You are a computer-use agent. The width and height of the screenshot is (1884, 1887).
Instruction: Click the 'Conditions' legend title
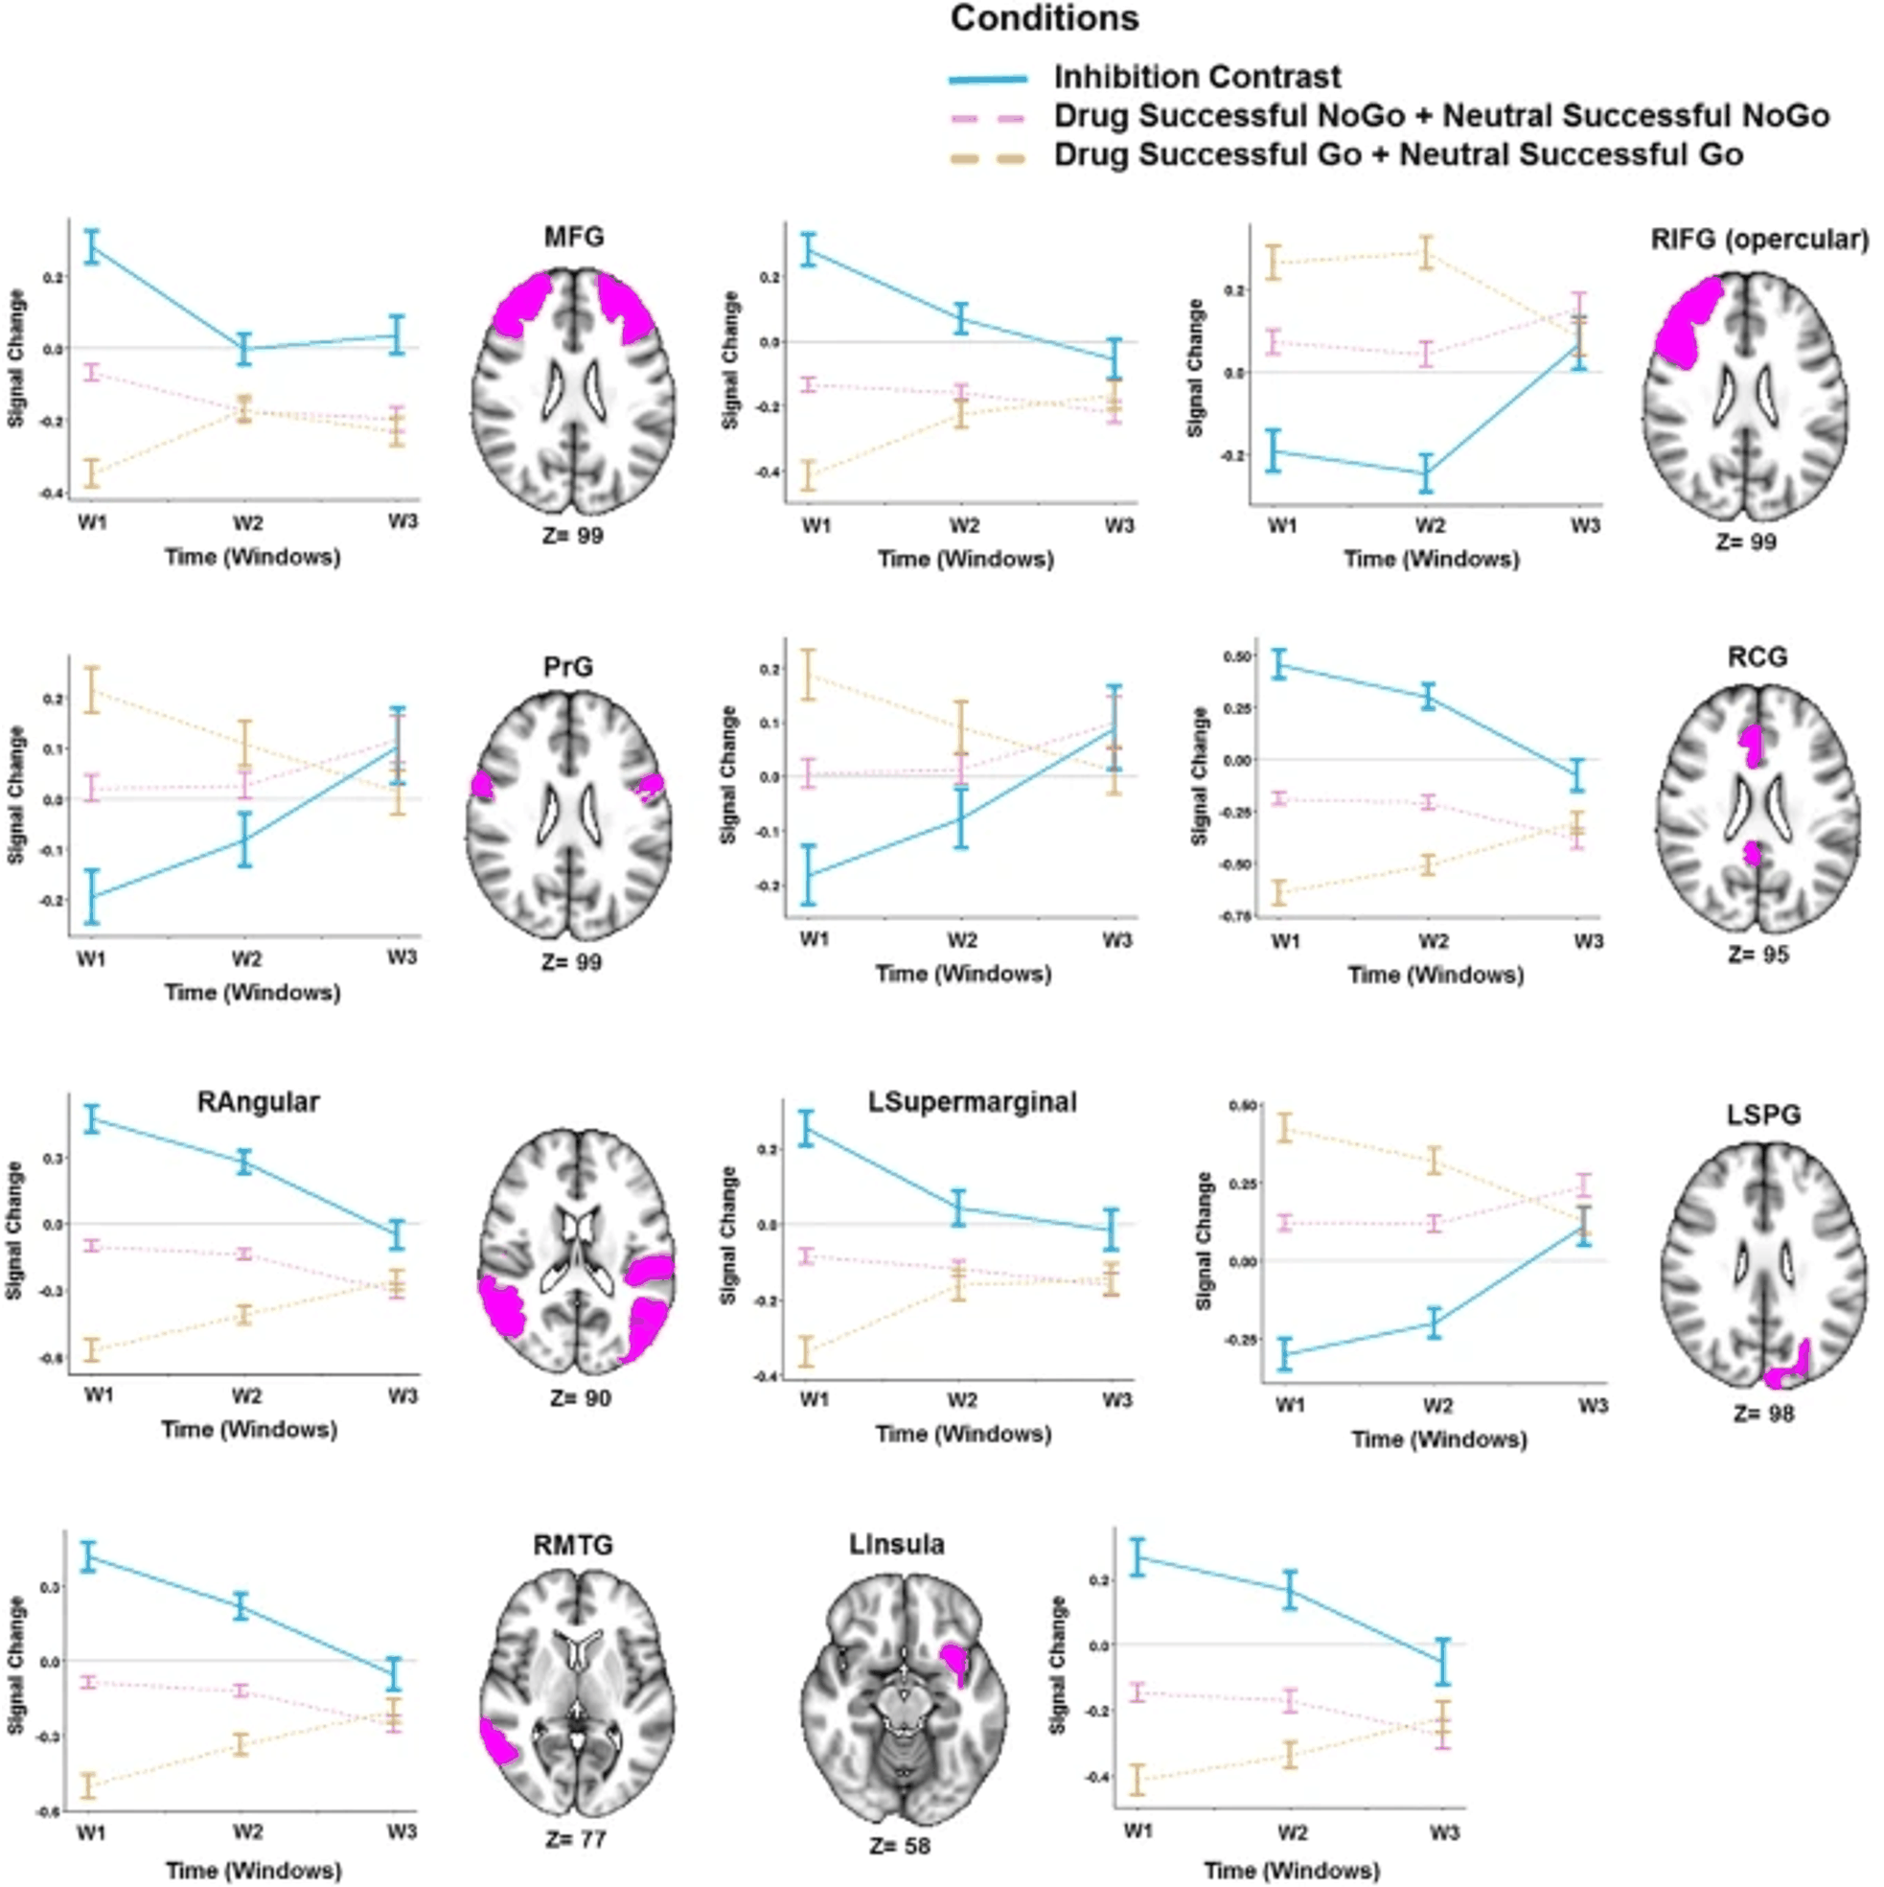[1045, 19]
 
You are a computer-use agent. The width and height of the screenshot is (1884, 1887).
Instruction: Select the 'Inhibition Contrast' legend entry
[1196, 78]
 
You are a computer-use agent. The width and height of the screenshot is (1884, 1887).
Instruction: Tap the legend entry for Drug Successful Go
[1397, 155]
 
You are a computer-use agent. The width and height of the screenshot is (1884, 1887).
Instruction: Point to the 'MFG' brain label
[573, 238]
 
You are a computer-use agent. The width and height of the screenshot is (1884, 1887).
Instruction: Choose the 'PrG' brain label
[567, 667]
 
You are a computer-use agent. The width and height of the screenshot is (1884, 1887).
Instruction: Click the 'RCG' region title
[1758, 657]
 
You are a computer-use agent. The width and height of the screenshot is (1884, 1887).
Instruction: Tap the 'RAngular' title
[258, 1102]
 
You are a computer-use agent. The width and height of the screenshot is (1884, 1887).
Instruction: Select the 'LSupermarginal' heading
[972, 1102]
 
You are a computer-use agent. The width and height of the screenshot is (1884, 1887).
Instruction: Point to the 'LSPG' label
[1763, 1115]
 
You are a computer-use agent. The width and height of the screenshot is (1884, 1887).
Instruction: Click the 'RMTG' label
[572, 1545]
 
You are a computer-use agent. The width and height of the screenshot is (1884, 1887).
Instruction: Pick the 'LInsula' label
[897, 1544]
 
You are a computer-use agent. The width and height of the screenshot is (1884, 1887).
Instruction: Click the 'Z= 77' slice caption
[575, 1839]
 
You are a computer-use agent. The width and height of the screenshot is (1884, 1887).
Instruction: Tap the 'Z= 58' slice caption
[899, 1846]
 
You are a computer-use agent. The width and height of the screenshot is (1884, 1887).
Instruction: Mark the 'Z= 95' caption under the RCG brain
[1758, 955]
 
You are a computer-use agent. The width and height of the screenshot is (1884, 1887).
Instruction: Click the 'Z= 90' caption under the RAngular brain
[580, 1397]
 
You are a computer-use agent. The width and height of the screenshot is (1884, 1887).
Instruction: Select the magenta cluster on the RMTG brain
[497, 1742]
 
